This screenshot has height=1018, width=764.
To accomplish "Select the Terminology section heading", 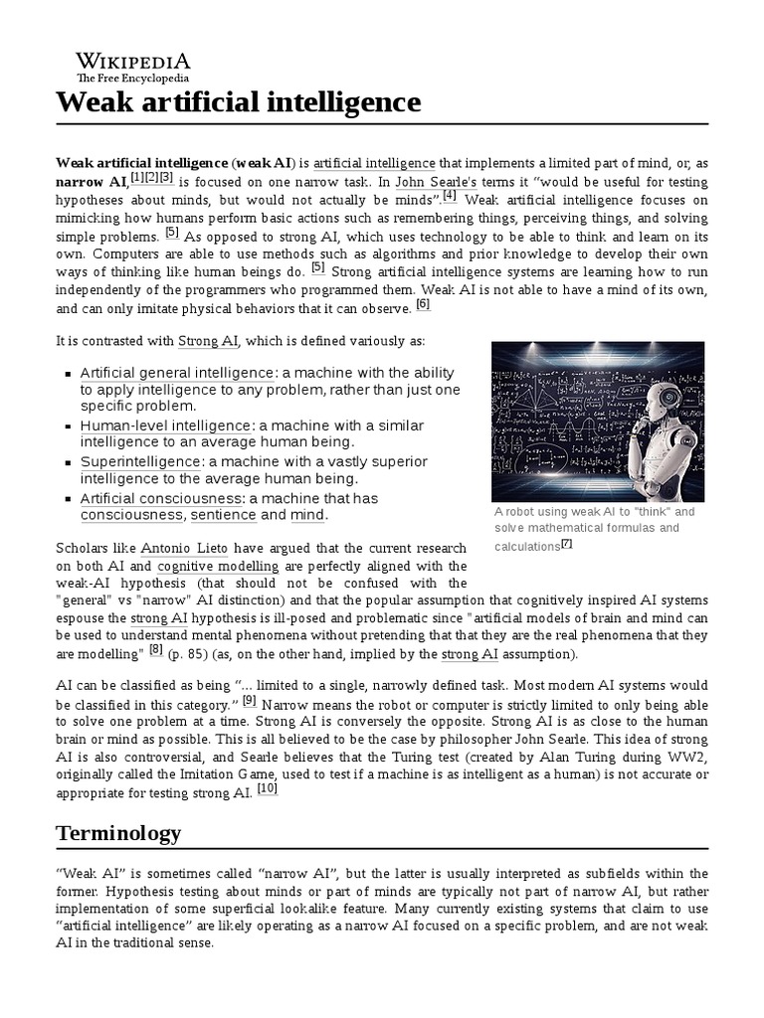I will [x=118, y=832].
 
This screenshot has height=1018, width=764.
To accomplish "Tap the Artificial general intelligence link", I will [x=165, y=373].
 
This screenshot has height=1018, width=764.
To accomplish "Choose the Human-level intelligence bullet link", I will [x=166, y=425].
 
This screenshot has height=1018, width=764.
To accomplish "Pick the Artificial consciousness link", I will [x=160, y=498].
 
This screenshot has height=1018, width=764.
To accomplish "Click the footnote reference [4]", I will [x=450, y=196].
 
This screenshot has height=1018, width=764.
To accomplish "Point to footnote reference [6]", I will [x=423, y=304].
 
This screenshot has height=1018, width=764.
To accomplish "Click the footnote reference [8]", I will [x=156, y=650].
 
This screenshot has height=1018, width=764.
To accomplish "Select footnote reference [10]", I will [x=268, y=788].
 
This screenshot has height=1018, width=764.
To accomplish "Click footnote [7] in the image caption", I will [x=567, y=544].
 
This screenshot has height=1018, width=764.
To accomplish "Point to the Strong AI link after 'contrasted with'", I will [x=208, y=341].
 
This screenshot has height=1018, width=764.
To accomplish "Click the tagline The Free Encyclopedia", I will [x=133, y=78].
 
